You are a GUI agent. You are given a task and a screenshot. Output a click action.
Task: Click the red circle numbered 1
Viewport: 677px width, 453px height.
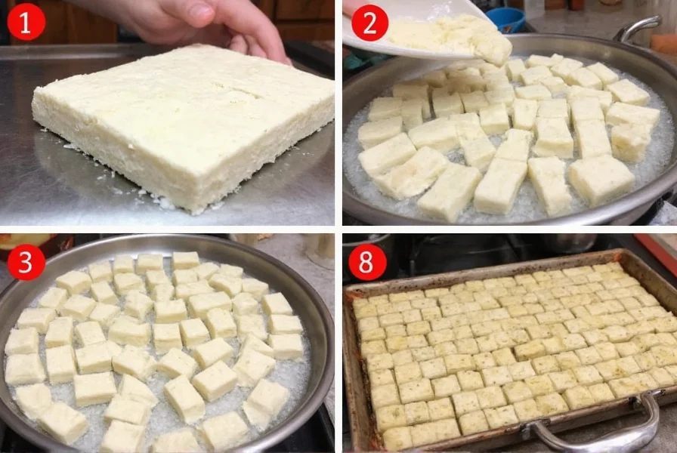tap(26, 22)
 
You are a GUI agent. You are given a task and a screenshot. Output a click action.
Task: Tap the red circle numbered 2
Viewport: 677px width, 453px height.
tap(369, 22)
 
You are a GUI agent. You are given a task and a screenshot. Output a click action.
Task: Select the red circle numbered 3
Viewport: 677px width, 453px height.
tap(26, 261)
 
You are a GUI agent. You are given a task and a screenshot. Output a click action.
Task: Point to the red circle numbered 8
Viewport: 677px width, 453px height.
tap(367, 261)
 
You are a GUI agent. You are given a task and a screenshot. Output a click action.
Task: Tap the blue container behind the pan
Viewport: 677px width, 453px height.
tap(505, 19)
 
